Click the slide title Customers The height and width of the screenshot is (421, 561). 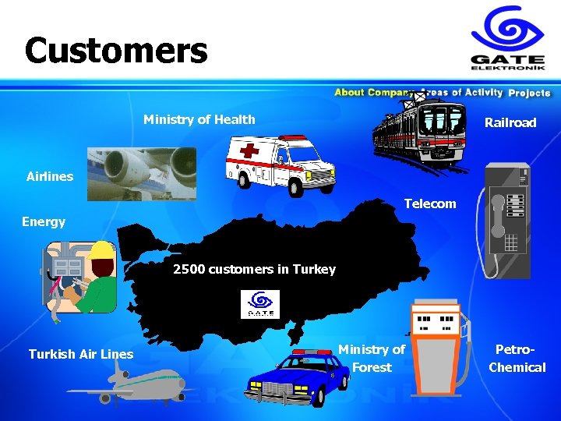point(116,51)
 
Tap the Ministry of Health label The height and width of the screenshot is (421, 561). point(199,119)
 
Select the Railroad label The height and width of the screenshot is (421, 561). point(510,122)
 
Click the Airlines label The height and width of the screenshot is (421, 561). point(50,176)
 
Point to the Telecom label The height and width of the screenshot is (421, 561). point(430,204)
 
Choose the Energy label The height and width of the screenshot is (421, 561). point(44,221)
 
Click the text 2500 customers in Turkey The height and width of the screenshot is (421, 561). point(254,270)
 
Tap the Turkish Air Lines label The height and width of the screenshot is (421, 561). point(81,354)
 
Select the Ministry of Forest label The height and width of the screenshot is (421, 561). point(372,359)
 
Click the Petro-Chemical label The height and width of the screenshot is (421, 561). point(517,359)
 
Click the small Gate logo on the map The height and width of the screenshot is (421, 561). point(260,304)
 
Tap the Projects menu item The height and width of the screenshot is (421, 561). point(529,93)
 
